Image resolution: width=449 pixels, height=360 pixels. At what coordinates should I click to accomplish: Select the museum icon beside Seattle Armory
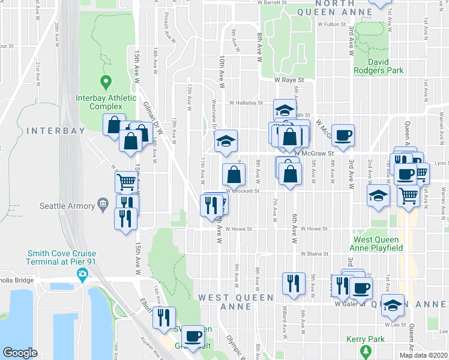coord(103,206)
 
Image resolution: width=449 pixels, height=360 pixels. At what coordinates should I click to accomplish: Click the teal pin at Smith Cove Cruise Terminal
coord(82,275)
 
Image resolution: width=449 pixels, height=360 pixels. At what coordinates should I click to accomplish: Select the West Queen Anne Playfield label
coord(376,243)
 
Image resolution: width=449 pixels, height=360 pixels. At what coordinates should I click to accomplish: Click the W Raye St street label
coord(289,79)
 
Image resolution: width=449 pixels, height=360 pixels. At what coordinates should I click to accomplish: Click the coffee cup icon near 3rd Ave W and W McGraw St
coord(343,135)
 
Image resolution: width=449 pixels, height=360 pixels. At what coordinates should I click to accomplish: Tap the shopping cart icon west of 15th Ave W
coord(126,181)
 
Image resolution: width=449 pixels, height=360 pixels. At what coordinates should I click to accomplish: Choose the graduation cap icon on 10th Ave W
coord(226,141)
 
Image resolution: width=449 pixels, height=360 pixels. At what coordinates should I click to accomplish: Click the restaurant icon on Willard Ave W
coord(292,283)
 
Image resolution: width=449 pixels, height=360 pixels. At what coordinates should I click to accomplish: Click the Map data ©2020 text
coord(423,355)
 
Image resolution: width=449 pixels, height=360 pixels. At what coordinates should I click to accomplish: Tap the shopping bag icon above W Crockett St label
coord(234,175)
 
